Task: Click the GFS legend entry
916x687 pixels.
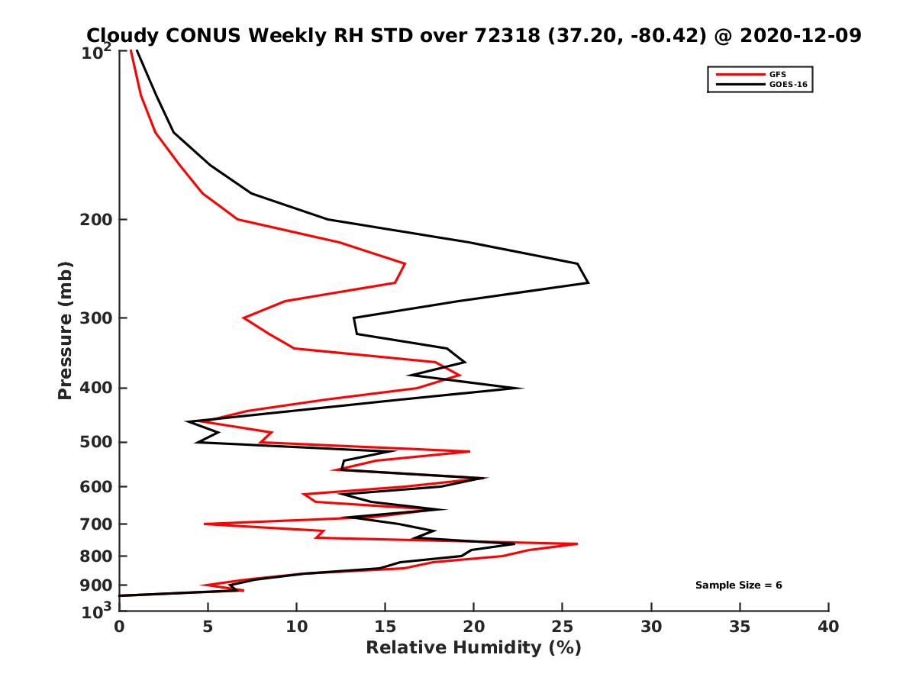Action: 777,74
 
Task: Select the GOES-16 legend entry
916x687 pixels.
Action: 787,84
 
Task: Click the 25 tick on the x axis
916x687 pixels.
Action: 563,627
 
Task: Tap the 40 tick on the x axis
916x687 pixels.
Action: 828,627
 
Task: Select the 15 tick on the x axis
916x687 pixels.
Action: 385,627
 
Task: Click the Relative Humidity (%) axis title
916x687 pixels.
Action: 473,648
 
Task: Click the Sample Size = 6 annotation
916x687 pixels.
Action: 738,585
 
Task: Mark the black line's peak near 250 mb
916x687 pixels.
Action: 588,282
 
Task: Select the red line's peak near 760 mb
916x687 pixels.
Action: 577,544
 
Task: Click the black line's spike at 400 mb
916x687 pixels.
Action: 522,388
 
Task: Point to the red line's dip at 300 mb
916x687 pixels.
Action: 244,318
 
